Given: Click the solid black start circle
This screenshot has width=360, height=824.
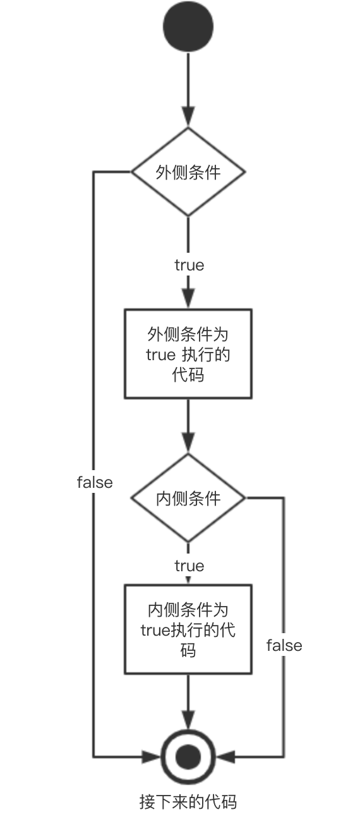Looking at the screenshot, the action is (x=188, y=27).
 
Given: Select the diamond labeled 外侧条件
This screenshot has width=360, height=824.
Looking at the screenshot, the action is (x=188, y=172).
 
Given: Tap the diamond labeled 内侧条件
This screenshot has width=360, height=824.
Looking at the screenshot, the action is (x=188, y=498).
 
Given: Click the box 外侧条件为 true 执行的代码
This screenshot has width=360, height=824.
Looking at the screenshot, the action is (x=188, y=354).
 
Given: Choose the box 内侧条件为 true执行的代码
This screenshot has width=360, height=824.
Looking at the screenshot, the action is (x=188, y=629).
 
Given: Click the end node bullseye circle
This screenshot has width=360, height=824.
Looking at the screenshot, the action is (x=188, y=757).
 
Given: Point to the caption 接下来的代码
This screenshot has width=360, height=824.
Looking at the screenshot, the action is (x=188, y=801).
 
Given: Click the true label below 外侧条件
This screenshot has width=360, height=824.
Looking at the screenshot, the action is (x=189, y=265).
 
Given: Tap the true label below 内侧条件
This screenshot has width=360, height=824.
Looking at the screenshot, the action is (x=189, y=566).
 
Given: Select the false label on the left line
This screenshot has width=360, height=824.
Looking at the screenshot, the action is (x=95, y=482).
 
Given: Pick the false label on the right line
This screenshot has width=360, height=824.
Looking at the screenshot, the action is (x=284, y=645).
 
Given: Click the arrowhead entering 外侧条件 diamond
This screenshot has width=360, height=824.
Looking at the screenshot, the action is (x=188, y=117).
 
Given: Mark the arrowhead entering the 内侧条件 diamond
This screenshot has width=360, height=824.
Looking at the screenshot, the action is (x=188, y=442).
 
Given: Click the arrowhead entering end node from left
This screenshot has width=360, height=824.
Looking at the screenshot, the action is (x=152, y=757).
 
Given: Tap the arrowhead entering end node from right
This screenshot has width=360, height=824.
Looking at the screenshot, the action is (x=225, y=757).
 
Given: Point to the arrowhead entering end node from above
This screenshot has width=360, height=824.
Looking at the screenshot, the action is (x=188, y=720).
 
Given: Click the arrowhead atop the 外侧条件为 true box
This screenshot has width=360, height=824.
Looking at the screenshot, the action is (x=188, y=298).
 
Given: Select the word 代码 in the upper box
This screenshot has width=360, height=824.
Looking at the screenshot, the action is (x=188, y=375).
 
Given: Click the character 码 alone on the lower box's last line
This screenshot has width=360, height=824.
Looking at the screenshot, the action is (x=188, y=650).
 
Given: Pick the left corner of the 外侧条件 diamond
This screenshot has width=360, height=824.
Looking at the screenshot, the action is (x=131, y=172).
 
